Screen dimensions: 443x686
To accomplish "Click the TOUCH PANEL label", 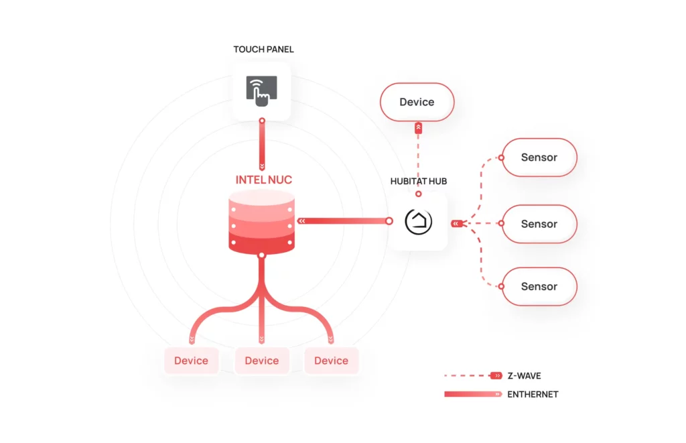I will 263,50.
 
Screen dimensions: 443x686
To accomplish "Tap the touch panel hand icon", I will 262,90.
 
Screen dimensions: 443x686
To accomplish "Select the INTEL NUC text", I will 263,180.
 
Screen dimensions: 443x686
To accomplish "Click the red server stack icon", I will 261,222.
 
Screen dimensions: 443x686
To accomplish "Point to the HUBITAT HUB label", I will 418,182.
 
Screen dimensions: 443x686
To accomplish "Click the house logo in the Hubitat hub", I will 419,221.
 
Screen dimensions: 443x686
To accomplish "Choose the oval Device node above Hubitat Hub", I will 417,103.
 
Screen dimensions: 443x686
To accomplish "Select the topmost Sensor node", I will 539,157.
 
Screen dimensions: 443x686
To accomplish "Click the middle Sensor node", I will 539,224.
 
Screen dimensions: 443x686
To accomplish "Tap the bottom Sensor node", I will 539,287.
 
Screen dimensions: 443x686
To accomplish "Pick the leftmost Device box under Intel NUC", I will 191,361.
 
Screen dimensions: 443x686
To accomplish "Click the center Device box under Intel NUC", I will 261,361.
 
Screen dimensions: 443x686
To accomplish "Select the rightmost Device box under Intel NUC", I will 331,361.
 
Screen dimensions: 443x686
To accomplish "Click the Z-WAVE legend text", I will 524,376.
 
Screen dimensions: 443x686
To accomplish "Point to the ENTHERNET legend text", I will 533,394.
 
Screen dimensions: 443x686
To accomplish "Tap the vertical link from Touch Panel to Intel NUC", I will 262,144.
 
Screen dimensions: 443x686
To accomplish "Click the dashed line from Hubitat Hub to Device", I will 419,161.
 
